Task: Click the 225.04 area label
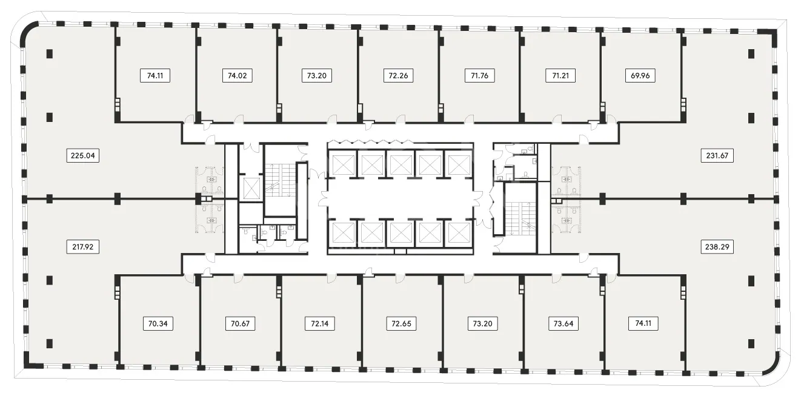[82, 155]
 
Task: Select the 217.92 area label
[82, 247]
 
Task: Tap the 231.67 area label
[717, 155]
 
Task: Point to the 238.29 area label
[717, 247]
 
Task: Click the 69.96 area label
[640, 76]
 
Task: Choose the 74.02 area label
[237, 76]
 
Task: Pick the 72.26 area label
[398, 76]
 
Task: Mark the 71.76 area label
[479, 76]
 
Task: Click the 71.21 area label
[560, 76]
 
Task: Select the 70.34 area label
[158, 324]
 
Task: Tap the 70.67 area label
[240, 324]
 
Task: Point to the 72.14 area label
[320, 324]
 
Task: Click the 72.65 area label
[401, 324]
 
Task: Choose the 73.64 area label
[563, 324]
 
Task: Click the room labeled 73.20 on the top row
[317, 76]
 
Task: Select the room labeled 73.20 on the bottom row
[482, 324]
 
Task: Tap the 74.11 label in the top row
[155, 76]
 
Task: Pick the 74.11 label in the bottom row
[643, 323]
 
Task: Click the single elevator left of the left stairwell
[251, 188]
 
